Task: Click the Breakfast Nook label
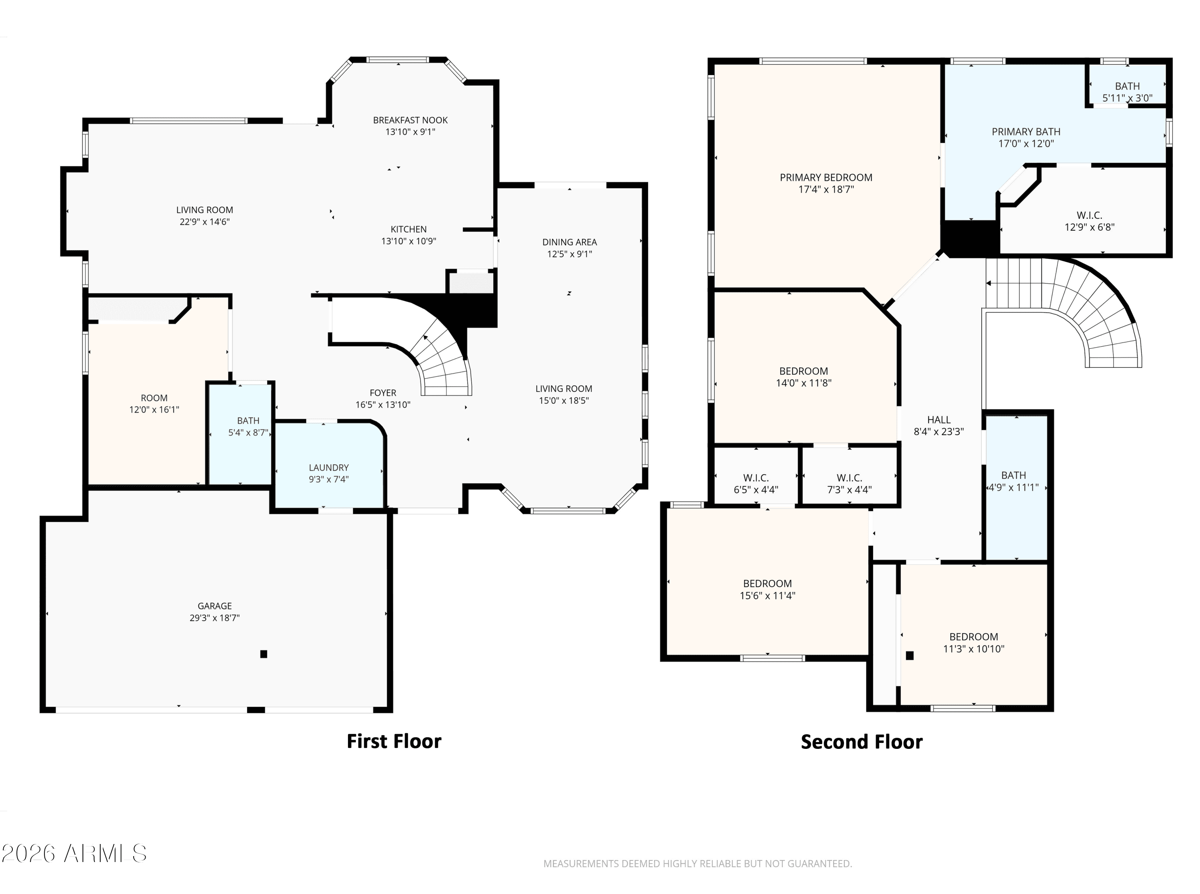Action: (410, 120)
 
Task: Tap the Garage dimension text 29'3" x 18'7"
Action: (214, 617)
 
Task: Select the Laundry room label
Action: (328, 467)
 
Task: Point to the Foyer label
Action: (383, 393)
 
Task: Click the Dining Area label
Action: (570, 242)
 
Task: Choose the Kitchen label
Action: (409, 229)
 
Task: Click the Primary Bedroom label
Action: (826, 178)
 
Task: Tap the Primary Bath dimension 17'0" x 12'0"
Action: (1026, 144)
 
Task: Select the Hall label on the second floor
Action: (938, 419)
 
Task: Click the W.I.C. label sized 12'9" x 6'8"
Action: (1089, 216)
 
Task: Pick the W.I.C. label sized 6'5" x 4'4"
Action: (756, 478)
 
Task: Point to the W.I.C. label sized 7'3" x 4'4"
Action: (849, 478)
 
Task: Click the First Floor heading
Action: (394, 741)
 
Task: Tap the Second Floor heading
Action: (862, 742)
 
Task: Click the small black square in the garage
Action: (264, 654)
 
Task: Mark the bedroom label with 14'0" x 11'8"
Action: (804, 371)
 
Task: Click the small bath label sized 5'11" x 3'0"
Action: (1128, 86)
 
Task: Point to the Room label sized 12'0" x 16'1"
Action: (154, 398)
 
